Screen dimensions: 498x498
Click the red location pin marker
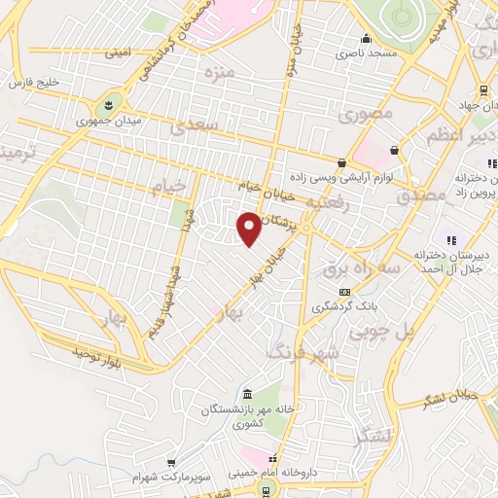coord(249,228)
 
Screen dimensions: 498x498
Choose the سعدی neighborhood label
coord(191,126)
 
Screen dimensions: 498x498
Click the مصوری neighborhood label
coord(366,115)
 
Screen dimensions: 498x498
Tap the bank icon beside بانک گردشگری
coord(343,292)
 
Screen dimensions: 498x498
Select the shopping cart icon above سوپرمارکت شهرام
coord(171,463)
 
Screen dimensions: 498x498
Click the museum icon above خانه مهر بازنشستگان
coord(246,393)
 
